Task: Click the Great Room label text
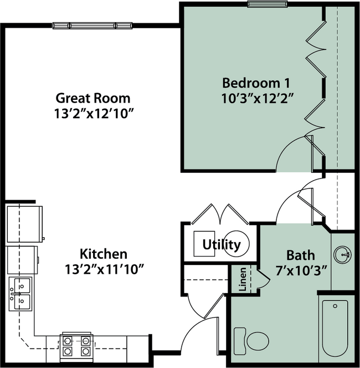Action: tap(93, 98)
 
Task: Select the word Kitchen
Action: tap(104, 254)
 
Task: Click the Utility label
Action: tap(221, 244)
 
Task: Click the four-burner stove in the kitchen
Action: tap(76, 345)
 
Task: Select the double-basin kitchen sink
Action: tap(20, 294)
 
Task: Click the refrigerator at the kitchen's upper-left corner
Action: tap(24, 224)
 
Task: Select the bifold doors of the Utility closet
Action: tap(220, 214)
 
